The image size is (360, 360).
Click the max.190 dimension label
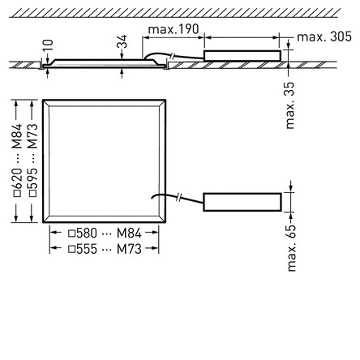point(174,29)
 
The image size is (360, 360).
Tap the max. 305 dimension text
point(324,36)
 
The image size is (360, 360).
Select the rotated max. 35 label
point(289,105)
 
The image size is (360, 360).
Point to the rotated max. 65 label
point(292,247)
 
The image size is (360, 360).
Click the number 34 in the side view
point(122,41)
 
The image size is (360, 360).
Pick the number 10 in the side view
point(48,46)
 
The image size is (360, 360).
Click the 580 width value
point(87,234)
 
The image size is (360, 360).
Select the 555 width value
point(87,249)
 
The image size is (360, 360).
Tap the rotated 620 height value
point(17,178)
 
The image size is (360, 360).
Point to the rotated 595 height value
point(33,178)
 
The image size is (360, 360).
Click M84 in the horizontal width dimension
point(129,234)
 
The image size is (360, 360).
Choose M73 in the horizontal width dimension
point(129,249)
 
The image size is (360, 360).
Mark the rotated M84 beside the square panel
point(17,136)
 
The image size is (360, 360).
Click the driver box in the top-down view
point(242,202)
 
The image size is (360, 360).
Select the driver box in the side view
point(242,56)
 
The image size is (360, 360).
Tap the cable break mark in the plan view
point(178,198)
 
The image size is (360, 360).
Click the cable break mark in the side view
point(173,57)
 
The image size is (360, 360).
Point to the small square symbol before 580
point(71,234)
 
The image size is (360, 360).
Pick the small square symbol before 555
point(71,249)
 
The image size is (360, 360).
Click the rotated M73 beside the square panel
point(33,136)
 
